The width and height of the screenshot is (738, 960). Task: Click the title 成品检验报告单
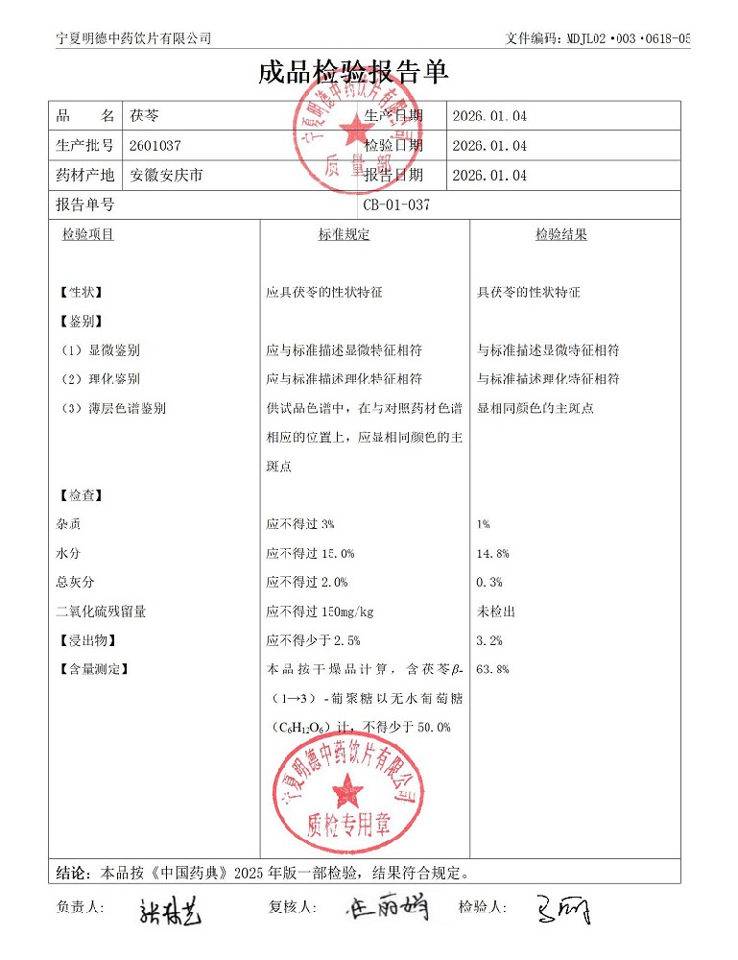click(x=352, y=73)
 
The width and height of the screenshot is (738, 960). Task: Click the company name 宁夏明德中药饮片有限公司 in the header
click(x=134, y=38)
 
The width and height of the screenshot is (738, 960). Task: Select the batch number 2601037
click(x=155, y=146)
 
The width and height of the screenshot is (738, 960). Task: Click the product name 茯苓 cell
click(x=145, y=116)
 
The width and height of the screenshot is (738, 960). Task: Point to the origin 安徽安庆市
click(x=167, y=176)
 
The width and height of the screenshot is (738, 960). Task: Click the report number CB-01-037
click(x=396, y=204)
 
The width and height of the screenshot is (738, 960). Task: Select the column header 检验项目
click(x=88, y=234)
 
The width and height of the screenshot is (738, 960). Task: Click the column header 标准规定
click(x=344, y=234)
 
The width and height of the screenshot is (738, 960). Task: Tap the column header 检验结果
click(x=561, y=234)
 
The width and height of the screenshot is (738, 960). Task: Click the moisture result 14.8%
click(x=492, y=554)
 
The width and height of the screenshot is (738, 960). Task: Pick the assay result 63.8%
click(x=492, y=669)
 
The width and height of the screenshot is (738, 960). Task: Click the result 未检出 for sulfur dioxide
click(x=496, y=612)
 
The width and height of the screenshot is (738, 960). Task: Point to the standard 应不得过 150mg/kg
click(x=321, y=612)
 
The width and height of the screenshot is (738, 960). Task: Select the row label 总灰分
click(x=76, y=583)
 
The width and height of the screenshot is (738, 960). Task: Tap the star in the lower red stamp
click(x=346, y=792)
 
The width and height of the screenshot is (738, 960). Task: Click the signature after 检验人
click(x=564, y=908)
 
